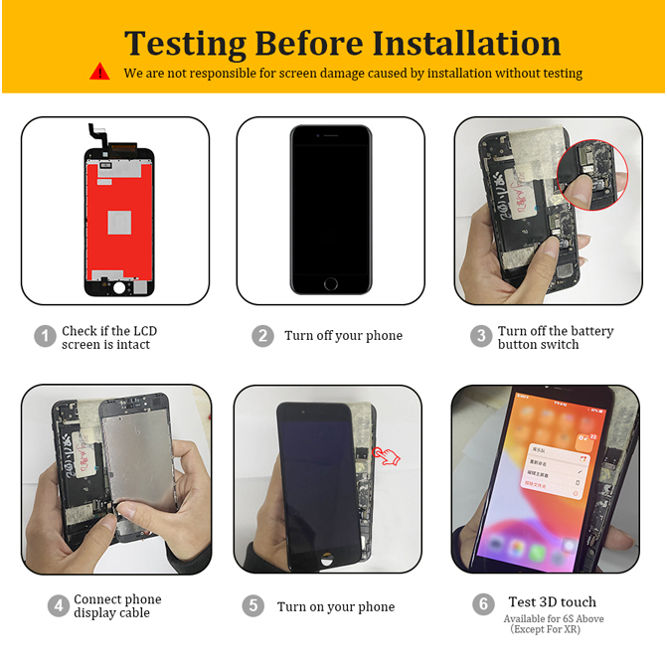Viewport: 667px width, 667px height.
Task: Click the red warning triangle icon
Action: [99, 72]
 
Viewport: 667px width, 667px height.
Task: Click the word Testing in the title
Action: [185, 43]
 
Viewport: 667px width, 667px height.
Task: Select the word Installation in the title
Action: [466, 43]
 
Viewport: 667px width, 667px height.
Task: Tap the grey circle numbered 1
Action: [45, 336]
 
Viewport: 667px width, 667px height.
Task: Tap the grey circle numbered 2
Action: [262, 336]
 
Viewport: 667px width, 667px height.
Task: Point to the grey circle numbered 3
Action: [481, 336]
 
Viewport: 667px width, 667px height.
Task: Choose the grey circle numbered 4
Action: [58, 605]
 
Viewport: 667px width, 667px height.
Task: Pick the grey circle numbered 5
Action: [253, 605]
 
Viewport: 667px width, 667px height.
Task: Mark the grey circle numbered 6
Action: [483, 603]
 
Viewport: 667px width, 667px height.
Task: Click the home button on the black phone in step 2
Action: [331, 283]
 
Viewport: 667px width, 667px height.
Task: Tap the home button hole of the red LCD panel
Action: [117, 287]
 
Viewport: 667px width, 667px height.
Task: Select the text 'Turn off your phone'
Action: [343, 336]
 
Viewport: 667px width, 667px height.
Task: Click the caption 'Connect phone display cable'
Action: [117, 605]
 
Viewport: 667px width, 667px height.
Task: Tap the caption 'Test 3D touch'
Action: [552, 602]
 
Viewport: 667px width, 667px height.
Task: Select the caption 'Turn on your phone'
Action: [336, 606]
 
